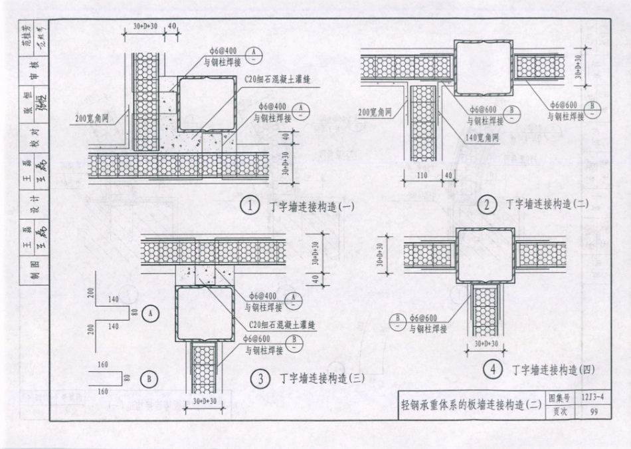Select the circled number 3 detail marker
point(260,379)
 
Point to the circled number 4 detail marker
point(492,371)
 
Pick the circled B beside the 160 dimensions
point(150,378)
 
